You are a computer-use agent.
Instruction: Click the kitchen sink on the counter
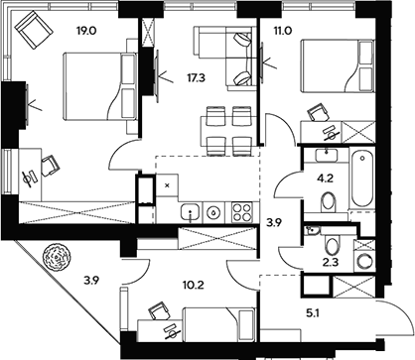point(210,210)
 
